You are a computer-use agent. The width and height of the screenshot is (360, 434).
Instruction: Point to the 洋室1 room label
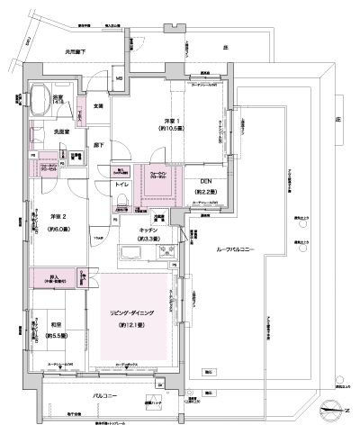pos(175,122)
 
